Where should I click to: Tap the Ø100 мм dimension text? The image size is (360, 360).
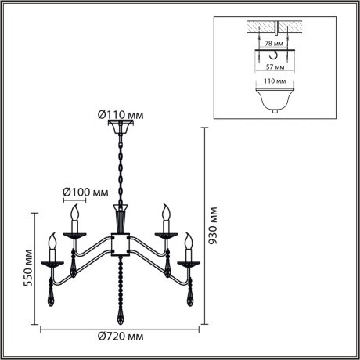(85, 191)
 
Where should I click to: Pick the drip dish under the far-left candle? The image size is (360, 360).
(53, 265)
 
